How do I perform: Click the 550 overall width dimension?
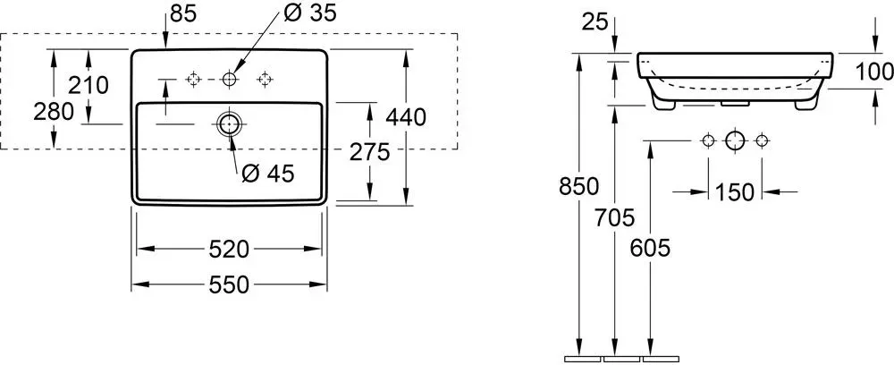[229, 284]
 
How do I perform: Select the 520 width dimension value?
[229, 249]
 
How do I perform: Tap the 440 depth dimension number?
[406, 117]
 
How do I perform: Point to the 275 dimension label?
[369, 152]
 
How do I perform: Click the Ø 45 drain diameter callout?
[268, 174]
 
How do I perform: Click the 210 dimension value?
[89, 86]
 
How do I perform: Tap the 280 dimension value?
[54, 112]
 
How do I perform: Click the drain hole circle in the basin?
[229, 123]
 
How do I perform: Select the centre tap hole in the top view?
[229, 80]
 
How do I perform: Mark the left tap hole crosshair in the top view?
[194, 80]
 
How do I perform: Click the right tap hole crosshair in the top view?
[265, 80]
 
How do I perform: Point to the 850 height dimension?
[578, 186]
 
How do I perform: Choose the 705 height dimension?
[614, 217]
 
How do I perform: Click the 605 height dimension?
[650, 248]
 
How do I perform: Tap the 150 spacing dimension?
[734, 192]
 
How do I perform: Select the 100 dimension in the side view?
[874, 72]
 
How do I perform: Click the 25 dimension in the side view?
[595, 23]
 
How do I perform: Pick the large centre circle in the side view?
[734, 140]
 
